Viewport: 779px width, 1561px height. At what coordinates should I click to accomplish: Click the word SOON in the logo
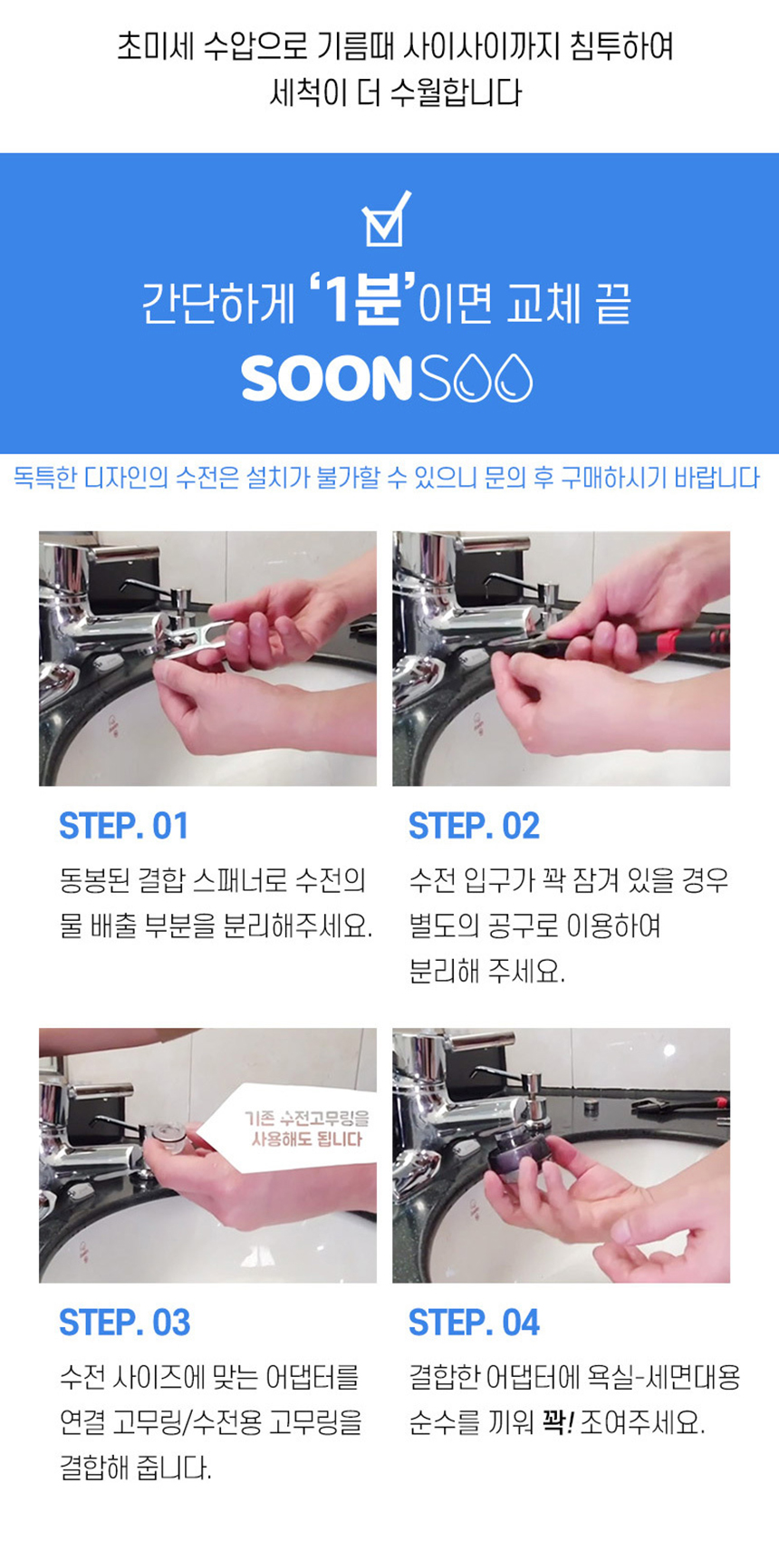coord(327,378)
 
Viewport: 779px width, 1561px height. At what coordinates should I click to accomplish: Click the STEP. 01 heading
coord(124,826)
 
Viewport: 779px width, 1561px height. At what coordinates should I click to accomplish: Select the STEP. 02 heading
coord(474,826)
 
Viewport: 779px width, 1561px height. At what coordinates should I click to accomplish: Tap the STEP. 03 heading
coord(124,1323)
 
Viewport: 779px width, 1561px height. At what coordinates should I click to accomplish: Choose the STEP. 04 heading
coord(474,1323)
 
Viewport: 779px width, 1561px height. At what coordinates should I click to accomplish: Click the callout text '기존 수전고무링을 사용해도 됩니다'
coord(306,1129)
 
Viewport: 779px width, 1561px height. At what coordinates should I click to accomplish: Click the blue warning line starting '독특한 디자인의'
coord(387,478)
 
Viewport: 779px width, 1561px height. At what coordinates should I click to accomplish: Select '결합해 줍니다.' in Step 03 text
coord(136,1467)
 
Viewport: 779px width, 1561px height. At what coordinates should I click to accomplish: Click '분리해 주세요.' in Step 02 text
coord(486,970)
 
